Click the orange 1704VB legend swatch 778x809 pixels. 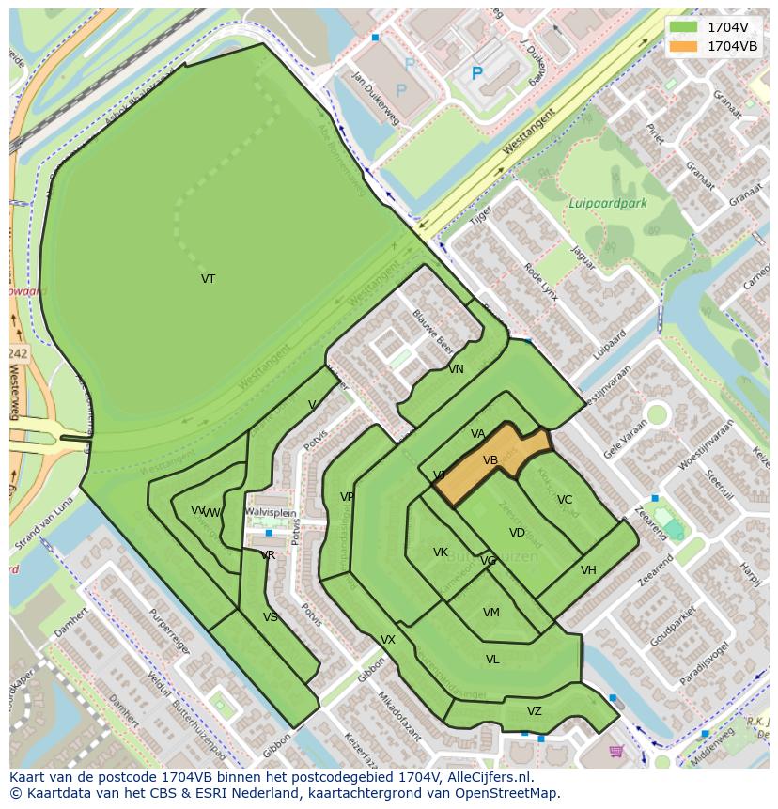[x=684, y=46]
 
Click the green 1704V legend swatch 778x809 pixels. [x=684, y=26]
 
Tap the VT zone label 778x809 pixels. [x=208, y=279]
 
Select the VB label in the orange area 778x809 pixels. [x=490, y=460]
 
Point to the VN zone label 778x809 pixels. [x=456, y=369]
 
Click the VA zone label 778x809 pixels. [x=478, y=434]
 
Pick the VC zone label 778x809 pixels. [x=565, y=500]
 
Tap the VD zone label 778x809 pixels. [x=517, y=533]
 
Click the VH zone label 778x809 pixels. [x=588, y=570]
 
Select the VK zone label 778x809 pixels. [x=441, y=552]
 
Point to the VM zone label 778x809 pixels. [x=490, y=613]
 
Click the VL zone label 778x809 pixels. [x=492, y=660]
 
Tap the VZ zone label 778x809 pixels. [x=535, y=711]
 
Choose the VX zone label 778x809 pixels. [x=388, y=640]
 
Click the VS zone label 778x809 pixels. [x=271, y=617]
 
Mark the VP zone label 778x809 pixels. [x=348, y=497]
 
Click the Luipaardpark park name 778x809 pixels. [x=608, y=203]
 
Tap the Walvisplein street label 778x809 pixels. [x=271, y=512]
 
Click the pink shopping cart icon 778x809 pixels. [x=616, y=751]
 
